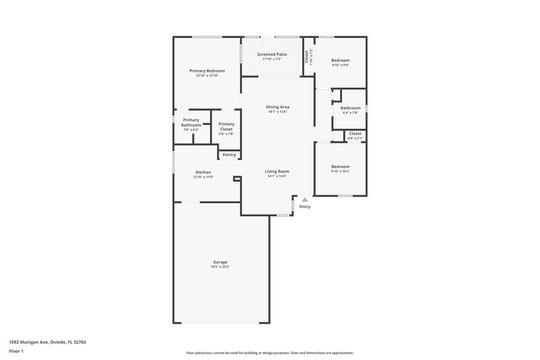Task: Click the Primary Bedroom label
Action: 207,71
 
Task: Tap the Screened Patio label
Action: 273,54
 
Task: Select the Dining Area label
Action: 277,107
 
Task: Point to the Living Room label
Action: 277,172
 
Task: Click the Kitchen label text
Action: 203,172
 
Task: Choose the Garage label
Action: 220,262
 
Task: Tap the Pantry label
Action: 229,155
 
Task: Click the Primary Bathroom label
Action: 191,122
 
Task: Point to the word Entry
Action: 305,207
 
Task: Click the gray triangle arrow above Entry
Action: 305,199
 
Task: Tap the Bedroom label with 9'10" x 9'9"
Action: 340,61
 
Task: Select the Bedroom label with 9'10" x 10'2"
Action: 340,167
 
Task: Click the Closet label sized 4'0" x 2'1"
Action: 355,134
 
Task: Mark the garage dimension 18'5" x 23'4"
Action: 220,267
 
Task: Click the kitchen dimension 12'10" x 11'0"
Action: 203,177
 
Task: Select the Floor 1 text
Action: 16,351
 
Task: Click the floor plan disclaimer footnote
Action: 269,353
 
